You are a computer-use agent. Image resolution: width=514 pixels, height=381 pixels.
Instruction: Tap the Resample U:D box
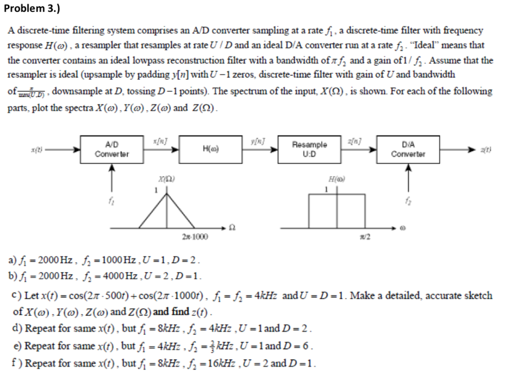(310, 149)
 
